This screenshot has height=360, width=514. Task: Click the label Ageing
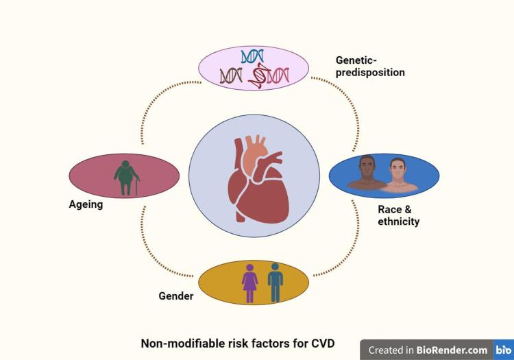click(86, 204)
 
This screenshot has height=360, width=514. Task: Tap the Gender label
click(175, 297)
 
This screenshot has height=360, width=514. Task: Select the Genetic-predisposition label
click(369, 66)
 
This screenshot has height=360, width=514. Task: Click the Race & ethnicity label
click(398, 215)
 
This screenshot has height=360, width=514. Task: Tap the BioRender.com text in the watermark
click(452, 350)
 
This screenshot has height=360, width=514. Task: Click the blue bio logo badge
click(503, 350)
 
